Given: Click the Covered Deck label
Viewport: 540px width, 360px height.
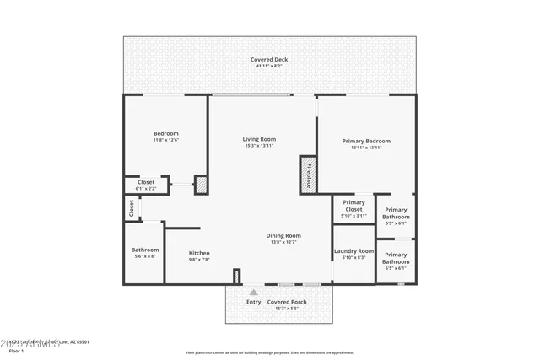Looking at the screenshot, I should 270,59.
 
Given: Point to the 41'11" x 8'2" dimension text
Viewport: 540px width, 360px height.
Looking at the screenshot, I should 270,66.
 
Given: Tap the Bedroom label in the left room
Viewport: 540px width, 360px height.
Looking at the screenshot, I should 166,133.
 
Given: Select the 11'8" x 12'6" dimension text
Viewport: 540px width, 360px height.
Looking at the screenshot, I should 166,140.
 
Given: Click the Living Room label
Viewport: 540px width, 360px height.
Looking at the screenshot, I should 260,139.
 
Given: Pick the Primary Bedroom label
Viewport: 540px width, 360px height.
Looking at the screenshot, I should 366,141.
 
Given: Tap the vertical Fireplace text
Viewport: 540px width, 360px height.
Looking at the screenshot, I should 309,175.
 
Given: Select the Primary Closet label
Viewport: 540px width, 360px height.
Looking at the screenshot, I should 354,206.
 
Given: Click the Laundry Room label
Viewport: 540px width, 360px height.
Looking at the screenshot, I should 354,250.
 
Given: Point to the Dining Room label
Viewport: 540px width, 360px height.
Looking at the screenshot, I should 284,235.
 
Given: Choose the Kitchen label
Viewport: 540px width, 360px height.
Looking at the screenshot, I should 199,253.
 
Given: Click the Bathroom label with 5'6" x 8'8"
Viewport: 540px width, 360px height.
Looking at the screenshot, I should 145,250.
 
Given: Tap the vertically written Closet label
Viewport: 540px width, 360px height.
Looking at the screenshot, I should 132,207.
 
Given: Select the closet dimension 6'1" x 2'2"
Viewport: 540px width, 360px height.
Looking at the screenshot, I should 146,188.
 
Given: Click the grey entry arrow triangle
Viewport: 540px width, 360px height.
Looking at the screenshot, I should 253,293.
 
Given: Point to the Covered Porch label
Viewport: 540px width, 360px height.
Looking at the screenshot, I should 287,302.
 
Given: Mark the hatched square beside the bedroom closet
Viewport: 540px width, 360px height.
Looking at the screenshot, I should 201,185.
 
